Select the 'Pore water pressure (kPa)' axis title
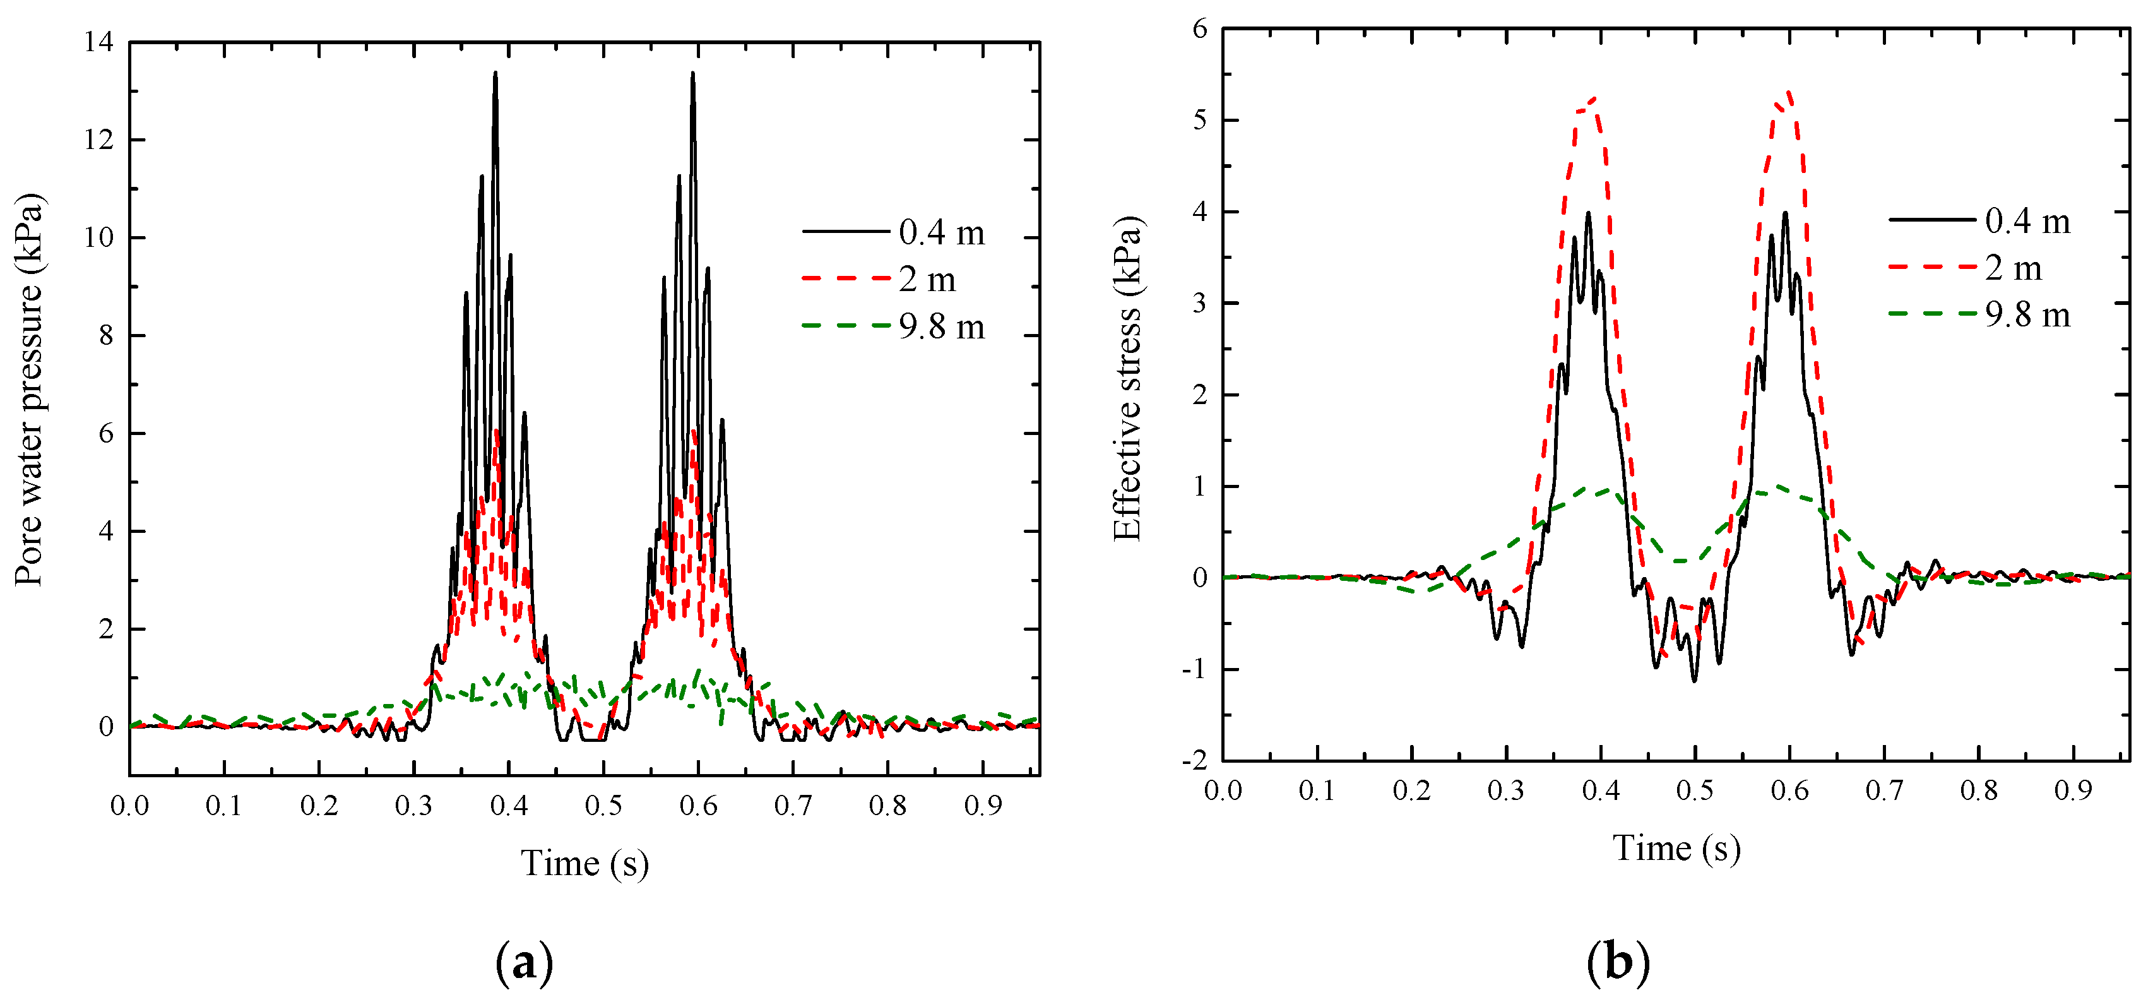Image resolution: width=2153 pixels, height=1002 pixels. [x=30, y=390]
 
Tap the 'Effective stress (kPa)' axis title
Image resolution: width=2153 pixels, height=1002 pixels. [x=1129, y=379]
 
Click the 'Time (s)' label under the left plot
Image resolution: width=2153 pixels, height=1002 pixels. [x=584, y=863]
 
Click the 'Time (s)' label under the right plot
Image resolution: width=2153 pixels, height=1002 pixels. [x=1676, y=848]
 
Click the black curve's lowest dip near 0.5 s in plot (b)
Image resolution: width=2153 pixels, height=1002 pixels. [x=1695, y=680]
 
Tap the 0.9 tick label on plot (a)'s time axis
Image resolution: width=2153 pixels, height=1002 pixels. [x=983, y=806]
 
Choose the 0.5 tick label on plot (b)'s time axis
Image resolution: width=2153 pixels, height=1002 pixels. [x=1695, y=790]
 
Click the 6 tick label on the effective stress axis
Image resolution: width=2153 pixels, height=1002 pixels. [x=1200, y=28]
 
